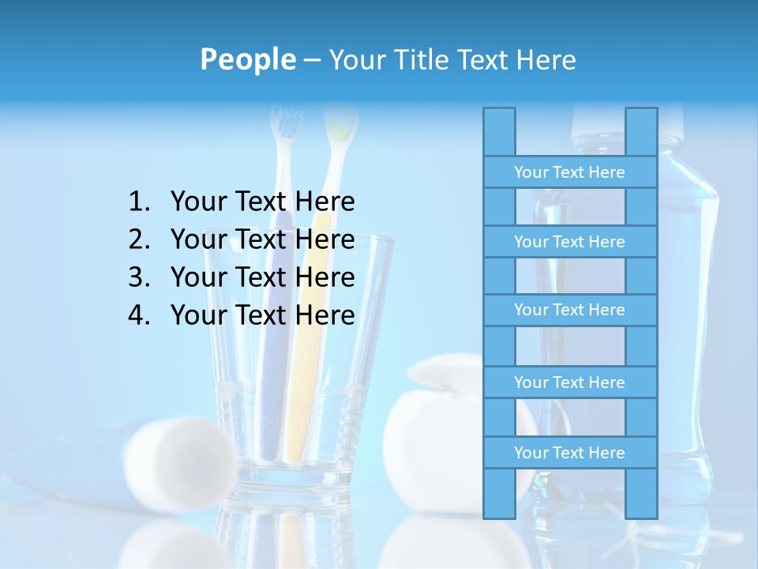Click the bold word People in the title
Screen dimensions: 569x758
(x=247, y=59)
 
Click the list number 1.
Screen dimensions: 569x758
(x=138, y=202)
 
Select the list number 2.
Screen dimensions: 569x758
(x=138, y=239)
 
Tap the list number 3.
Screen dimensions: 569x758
(x=138, y=277)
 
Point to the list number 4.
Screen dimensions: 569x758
(x=138, y=315)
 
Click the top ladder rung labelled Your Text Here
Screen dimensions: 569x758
(x=569, y=172)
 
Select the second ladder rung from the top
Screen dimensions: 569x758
(x=569, y=242)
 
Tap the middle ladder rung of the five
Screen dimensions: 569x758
(x=569, y=310)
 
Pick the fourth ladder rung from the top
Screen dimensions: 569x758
(x=569, y=382)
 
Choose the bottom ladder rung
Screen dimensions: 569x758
(x=569, y=453)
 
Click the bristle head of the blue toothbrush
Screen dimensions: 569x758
(x=286, y=126)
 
